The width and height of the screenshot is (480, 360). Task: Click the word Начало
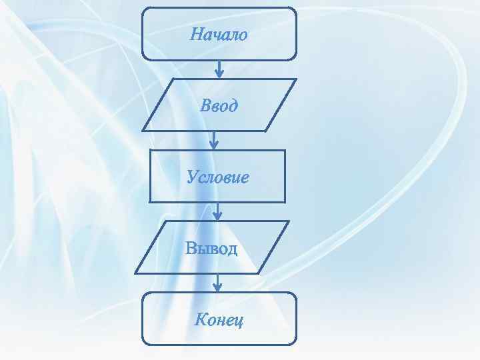[x=219, y=34]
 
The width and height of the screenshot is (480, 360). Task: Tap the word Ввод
[x=219, y=105]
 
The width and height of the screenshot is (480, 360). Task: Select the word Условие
[x=218, y=177]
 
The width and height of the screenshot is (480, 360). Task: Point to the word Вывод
[x=211, y=249]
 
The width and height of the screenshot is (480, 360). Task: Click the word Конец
[x=219, y=320]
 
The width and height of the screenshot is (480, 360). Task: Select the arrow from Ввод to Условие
[x=214, y=139]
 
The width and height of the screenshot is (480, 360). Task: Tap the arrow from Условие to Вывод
[x=218, y=211]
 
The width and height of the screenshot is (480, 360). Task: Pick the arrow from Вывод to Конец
[x=217, y=283]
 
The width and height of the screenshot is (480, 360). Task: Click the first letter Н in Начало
[x=196, y=34]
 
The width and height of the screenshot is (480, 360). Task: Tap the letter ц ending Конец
[x=239, y=321]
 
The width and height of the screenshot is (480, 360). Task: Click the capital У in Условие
[x=192, y=177]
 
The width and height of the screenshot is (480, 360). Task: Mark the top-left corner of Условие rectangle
[x=150, y=151]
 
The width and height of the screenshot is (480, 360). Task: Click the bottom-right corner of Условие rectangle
[x=285, y=201]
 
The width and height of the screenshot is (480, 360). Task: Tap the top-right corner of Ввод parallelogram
[x=295, y=80]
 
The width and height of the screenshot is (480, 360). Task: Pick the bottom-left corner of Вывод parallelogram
[x=136, y=273]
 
